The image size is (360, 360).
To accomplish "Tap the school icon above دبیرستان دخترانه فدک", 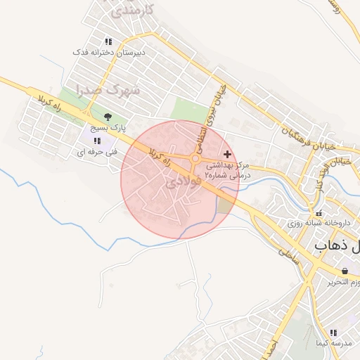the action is pos(108,41).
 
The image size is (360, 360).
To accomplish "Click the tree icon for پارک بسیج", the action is pos(108,117).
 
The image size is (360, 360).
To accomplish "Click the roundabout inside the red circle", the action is pos(195,159).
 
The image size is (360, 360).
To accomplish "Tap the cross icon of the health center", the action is pos(226,153).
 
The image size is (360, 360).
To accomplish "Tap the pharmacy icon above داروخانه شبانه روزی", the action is pos(319,212).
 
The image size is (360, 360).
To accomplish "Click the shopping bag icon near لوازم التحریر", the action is pos(345,271).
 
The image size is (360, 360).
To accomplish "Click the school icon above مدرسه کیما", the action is pos(333,332).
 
